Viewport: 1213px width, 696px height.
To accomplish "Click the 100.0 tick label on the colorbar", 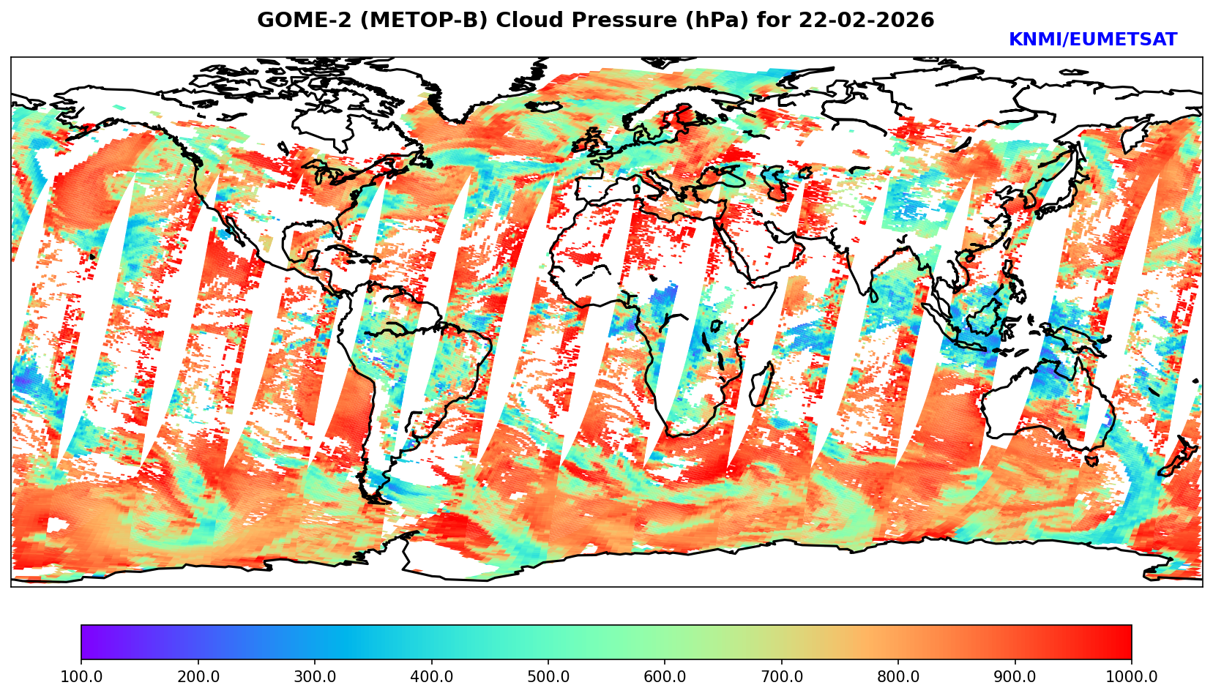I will [81, 677].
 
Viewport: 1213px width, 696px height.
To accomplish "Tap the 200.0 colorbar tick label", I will [198, 677].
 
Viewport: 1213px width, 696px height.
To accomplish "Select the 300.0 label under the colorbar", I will [315, 677].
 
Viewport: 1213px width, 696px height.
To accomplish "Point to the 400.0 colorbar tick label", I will [431, 677].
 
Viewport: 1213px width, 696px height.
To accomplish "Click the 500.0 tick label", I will [548, 677].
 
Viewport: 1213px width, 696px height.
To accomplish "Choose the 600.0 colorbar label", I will [665, 677].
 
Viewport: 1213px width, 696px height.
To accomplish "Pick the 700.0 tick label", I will [782, 677].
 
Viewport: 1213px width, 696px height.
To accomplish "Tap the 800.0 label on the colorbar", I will [898, 677].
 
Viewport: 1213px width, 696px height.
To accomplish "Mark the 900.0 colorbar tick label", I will [1015, 677].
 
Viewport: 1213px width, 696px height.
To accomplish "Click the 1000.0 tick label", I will [1132, 677].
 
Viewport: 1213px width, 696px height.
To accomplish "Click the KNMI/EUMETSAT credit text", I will [1092, 40].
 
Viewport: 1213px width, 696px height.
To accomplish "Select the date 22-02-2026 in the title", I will [867, 20].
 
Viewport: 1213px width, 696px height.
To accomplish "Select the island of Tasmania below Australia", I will [1091, 460].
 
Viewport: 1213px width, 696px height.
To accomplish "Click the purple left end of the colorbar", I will [86, 642].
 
